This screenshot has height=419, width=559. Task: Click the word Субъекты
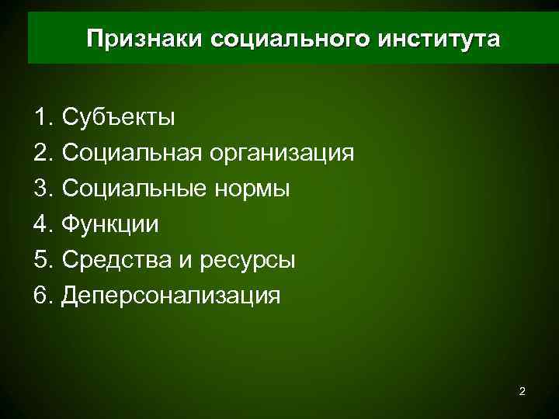point(119,118)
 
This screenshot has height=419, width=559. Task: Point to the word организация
point(280,154)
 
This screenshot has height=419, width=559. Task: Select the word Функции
point(110,225)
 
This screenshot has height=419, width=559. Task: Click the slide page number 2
point(522,392)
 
